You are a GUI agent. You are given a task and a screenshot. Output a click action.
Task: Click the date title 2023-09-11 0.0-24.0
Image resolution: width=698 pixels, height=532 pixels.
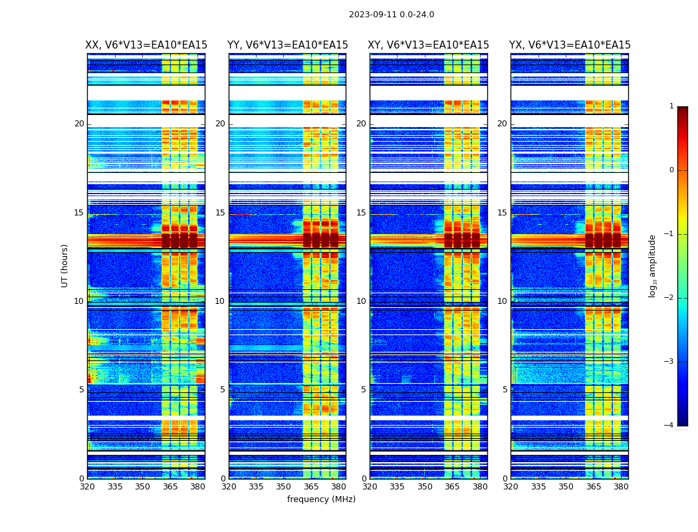(x=391, y=15)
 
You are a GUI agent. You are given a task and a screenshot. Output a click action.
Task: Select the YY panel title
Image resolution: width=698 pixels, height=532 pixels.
(x=287, y=45)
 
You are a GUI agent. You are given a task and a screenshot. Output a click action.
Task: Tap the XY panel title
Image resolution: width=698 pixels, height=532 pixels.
(x=428, y=45)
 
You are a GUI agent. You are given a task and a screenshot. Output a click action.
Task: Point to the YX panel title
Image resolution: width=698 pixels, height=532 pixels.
(x=570, y=45)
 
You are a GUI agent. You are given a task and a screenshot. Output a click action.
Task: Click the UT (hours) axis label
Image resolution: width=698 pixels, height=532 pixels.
(x=65, y=265)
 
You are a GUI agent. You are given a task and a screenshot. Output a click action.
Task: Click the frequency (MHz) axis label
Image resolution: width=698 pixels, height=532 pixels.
(x=321, y=499)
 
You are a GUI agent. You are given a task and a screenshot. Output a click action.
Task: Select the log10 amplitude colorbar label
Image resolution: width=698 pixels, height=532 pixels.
(x=653, y=265)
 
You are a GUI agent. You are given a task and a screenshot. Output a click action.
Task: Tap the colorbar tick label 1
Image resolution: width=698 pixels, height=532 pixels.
(x=671, y=106)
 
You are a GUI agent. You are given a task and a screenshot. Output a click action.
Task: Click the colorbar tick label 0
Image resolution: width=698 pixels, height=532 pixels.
(x=671, y=170)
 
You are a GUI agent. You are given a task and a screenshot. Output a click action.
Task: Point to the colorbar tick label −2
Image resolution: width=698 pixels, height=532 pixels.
(x=669, y=298)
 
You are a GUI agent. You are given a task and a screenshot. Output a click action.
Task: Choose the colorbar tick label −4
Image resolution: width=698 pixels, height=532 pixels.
(x=669, y=426)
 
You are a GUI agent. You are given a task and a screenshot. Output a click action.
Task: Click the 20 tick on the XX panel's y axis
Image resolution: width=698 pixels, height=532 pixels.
(x=79, y=124)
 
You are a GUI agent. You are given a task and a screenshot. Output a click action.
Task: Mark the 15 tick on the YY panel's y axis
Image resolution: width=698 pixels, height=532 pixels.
(x=220, y=213)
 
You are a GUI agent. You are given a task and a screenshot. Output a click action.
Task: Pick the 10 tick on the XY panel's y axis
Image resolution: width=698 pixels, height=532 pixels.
(x=361, y=301)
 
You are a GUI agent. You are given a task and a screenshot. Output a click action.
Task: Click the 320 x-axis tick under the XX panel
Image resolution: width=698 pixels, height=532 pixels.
(x=87, y=486)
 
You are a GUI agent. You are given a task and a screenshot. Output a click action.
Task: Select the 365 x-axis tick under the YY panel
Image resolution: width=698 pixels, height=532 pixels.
(x=311, y=486)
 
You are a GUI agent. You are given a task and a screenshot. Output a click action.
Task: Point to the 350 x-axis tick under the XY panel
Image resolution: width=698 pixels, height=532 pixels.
(x=425, y=486)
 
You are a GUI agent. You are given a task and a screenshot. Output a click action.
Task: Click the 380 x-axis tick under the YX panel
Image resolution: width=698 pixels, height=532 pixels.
(x=621, y=486)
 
